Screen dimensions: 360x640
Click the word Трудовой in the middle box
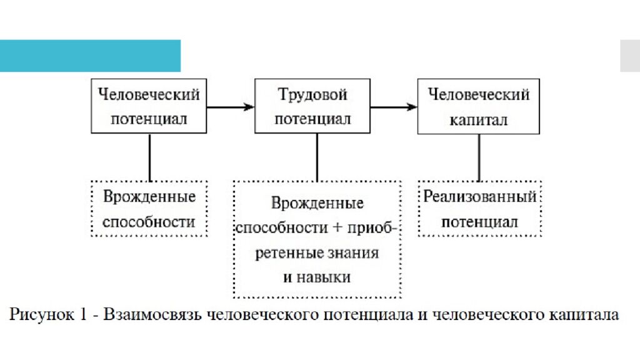tap(312, 95)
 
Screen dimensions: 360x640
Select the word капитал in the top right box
tap(479, 119)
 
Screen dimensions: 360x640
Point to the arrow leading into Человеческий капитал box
tap(393, 107)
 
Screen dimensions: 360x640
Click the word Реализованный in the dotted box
tap(480, 197)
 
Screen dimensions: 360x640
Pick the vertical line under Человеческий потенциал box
tap(150, 157)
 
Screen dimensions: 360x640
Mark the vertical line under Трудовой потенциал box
tap(317, 157)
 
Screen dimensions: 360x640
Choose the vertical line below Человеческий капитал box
tap(479, 157)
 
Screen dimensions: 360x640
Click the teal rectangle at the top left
tap(90, 56)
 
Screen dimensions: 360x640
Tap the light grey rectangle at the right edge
tap(629, 56)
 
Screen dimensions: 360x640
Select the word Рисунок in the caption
tap(38, 314)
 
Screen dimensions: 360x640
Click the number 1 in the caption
tap(82, 314)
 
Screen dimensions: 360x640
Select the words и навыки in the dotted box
tap(317, 277)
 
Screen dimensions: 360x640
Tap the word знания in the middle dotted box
tap(356, 253)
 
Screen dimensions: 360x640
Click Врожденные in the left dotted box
tap(149, 197)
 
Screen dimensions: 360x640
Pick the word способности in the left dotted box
tap(149, 222)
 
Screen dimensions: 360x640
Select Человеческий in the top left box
tap(149, 95)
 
